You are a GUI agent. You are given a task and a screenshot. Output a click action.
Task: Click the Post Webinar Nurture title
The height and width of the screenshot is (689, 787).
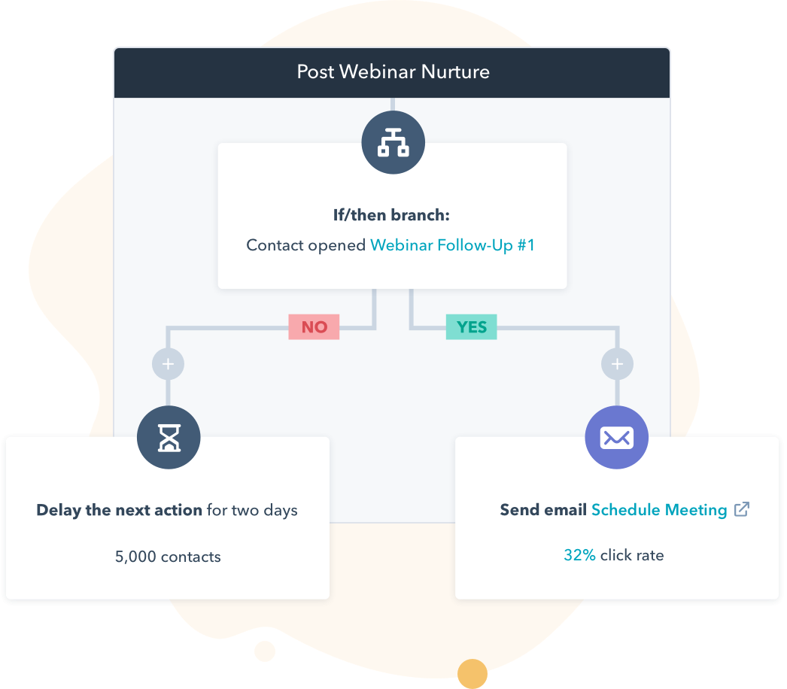coord(393,72)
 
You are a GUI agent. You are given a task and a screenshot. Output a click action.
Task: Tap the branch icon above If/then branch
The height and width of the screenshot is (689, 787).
coord(393,142)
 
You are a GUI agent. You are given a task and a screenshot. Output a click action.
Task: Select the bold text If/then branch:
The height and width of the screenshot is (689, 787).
coord(391,215)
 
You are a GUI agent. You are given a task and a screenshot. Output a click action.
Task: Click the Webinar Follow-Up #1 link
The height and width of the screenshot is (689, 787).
coord(452,245)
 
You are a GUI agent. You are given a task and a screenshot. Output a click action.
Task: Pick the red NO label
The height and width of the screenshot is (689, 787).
coord(314,327)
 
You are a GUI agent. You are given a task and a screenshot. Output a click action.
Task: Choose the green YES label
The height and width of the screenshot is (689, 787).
coord(472,327)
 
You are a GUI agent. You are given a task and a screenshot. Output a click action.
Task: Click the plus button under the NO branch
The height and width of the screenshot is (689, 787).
coord(168,365)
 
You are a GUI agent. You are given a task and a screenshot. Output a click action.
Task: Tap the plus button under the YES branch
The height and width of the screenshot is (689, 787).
coord(617,365)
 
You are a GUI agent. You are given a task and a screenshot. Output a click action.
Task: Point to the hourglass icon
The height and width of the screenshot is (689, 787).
coord(169,437)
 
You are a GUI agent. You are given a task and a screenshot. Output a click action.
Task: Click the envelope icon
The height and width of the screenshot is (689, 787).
coord(616,437)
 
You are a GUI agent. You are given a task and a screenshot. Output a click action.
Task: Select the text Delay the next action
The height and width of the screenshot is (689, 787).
coord(119,510)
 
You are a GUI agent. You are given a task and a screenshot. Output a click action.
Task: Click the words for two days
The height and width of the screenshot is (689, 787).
coord(252,510)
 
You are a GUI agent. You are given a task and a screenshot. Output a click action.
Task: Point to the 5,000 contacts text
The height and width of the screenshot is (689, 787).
coord(168,557)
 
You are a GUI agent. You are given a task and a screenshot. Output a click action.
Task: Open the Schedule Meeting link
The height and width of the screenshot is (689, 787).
coord(659,510)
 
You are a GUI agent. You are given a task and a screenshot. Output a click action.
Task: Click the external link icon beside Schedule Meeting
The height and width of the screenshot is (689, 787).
coord(742,509)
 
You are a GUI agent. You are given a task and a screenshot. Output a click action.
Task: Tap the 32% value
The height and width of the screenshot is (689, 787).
coord(579,555)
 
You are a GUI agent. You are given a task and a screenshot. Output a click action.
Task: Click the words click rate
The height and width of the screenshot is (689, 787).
coord(632,555)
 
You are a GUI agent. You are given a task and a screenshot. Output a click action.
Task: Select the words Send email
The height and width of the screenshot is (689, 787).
coord(543,510)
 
